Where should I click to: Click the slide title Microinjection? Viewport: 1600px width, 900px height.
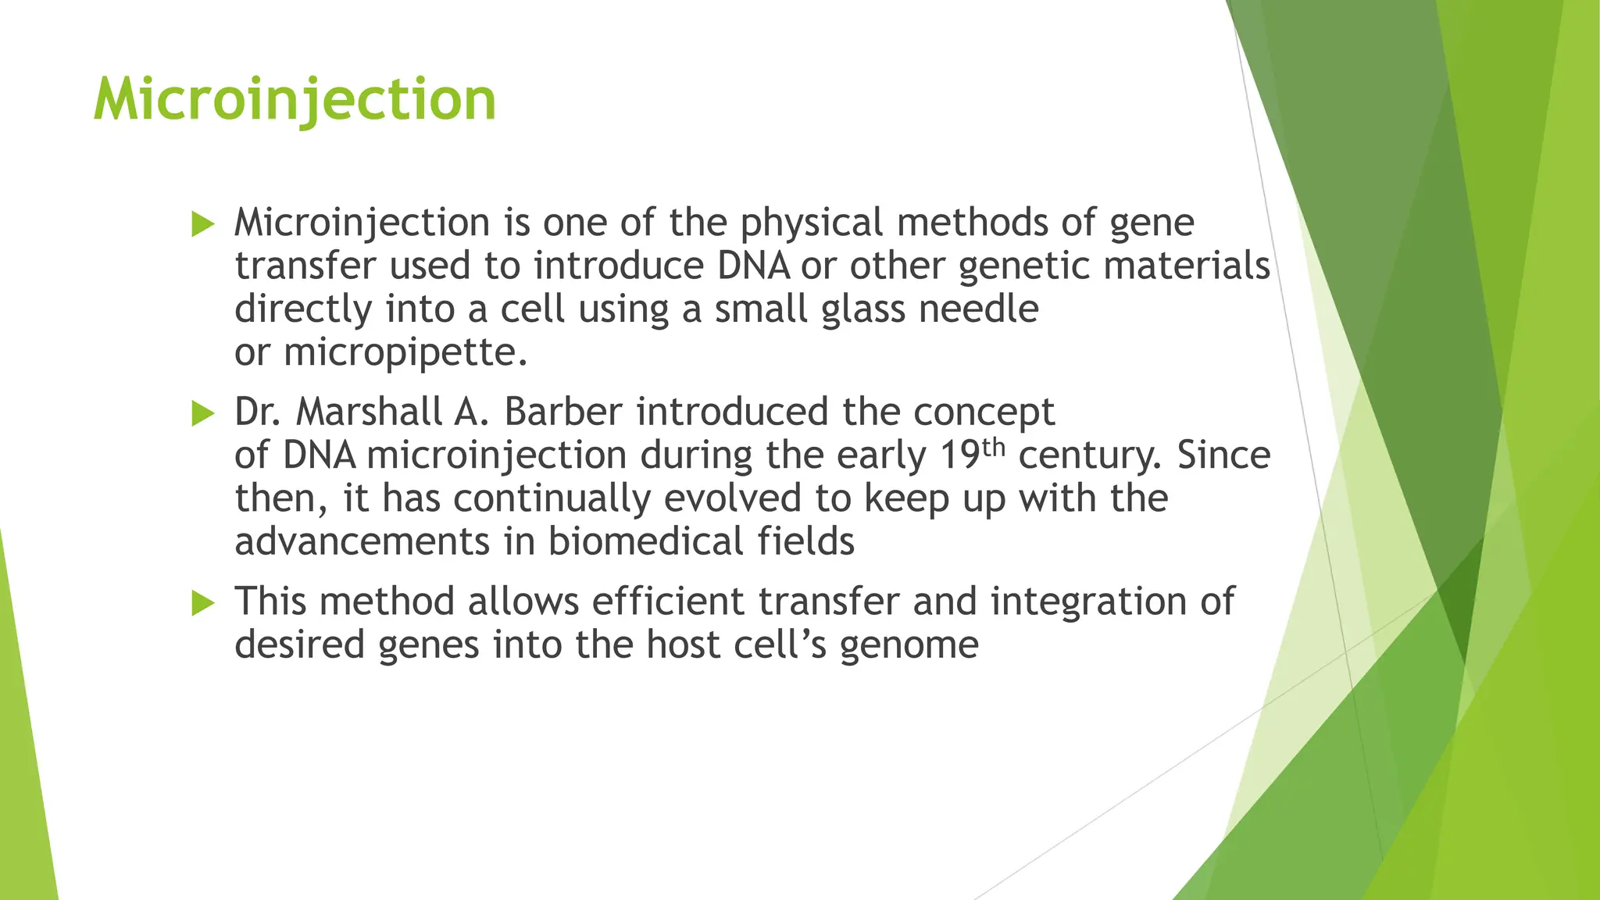coord(295,100)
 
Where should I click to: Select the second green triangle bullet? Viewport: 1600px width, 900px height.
coord(202,413)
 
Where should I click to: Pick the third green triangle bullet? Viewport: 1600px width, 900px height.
coord(202,603)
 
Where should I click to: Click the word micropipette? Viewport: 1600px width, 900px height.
coord(405,353)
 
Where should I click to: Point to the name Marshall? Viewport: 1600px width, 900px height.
coord(369,412)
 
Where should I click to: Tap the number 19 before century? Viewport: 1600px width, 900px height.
coord(959,455)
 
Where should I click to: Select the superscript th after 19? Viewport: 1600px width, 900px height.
coord(993,447)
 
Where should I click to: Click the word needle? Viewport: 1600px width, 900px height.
coord(978,309)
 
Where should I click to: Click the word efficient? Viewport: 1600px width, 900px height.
coord(668,602)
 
